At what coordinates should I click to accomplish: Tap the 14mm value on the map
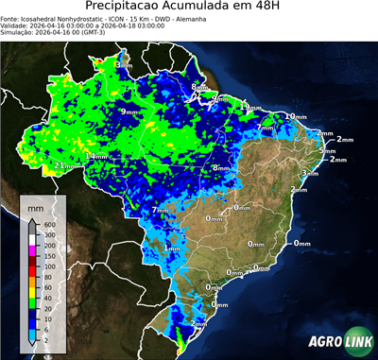(x=96, y=156)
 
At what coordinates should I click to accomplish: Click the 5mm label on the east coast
(x=328, y=151)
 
